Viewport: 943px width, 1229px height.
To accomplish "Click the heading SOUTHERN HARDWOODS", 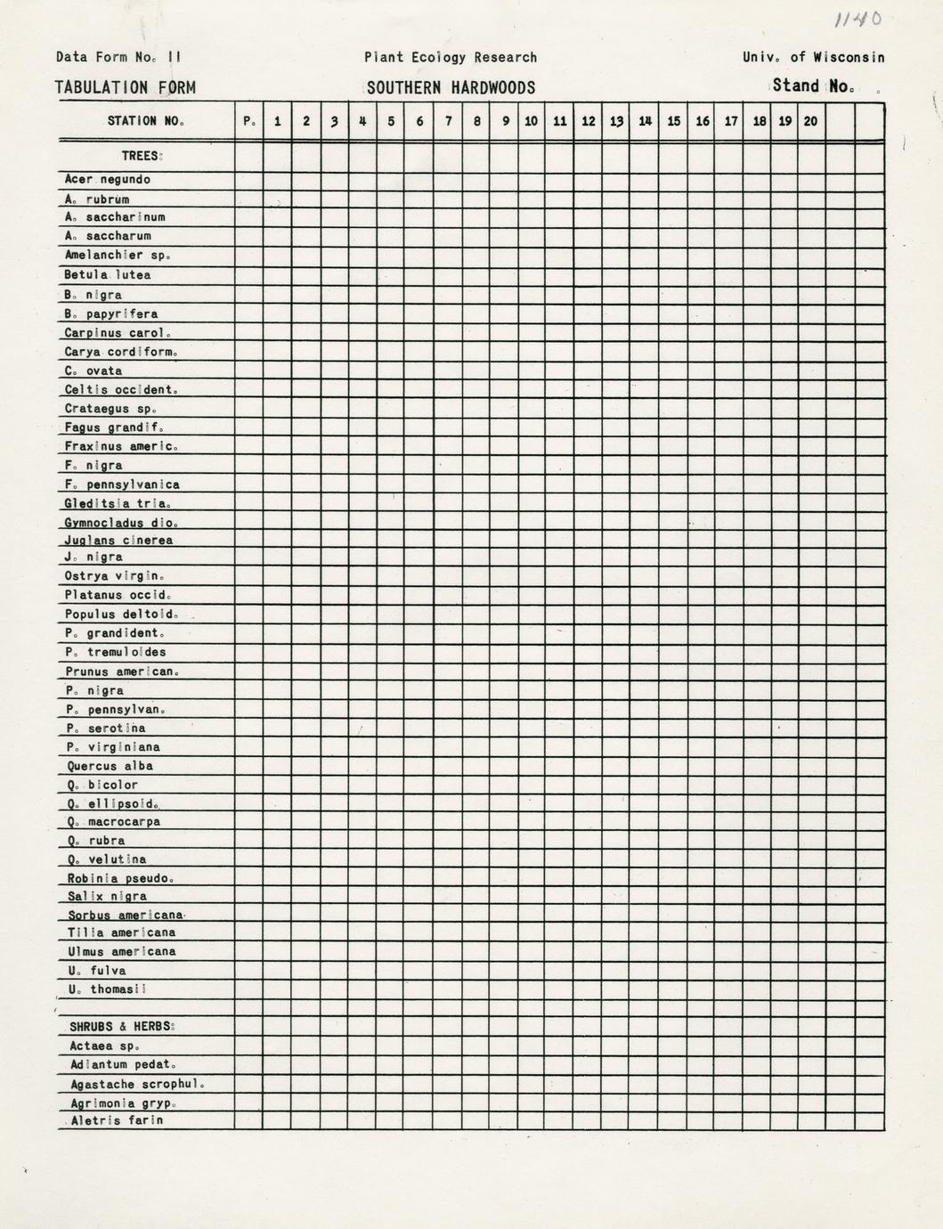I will [451, 87].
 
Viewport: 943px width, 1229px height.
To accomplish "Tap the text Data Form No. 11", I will [118, 57].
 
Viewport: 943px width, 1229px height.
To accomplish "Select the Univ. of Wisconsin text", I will [813, 57].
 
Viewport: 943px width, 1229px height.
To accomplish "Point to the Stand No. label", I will [813, 86].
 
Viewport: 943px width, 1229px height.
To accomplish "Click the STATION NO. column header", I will [145, 121].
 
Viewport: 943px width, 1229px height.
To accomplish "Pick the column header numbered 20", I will [810, 121].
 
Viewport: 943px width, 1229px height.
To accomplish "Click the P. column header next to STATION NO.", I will [248, 121].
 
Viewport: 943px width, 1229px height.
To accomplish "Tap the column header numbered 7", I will [448, 121].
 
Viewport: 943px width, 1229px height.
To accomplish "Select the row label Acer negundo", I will [107, 179].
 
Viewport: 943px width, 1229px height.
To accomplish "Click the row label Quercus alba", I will [110, 766].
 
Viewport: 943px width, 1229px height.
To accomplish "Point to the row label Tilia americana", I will [121, 932].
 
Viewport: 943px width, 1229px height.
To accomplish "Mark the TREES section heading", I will [142, 156].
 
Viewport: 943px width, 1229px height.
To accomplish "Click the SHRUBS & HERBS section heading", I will [122, 1027].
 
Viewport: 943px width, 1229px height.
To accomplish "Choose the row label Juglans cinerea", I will [118, 540].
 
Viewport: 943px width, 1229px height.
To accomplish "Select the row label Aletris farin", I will [117, 1120].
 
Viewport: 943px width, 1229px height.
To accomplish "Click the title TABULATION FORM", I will [126, 87].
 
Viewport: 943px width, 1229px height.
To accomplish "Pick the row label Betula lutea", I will [107, 275].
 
